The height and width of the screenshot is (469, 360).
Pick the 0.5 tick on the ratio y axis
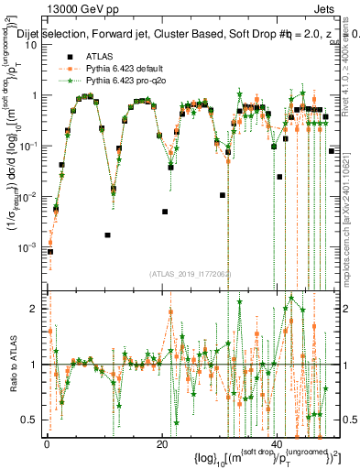(x=31, y=420)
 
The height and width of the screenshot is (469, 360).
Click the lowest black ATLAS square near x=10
(x=108, y=234)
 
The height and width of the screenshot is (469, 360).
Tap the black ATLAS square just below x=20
(x=165, y=212)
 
